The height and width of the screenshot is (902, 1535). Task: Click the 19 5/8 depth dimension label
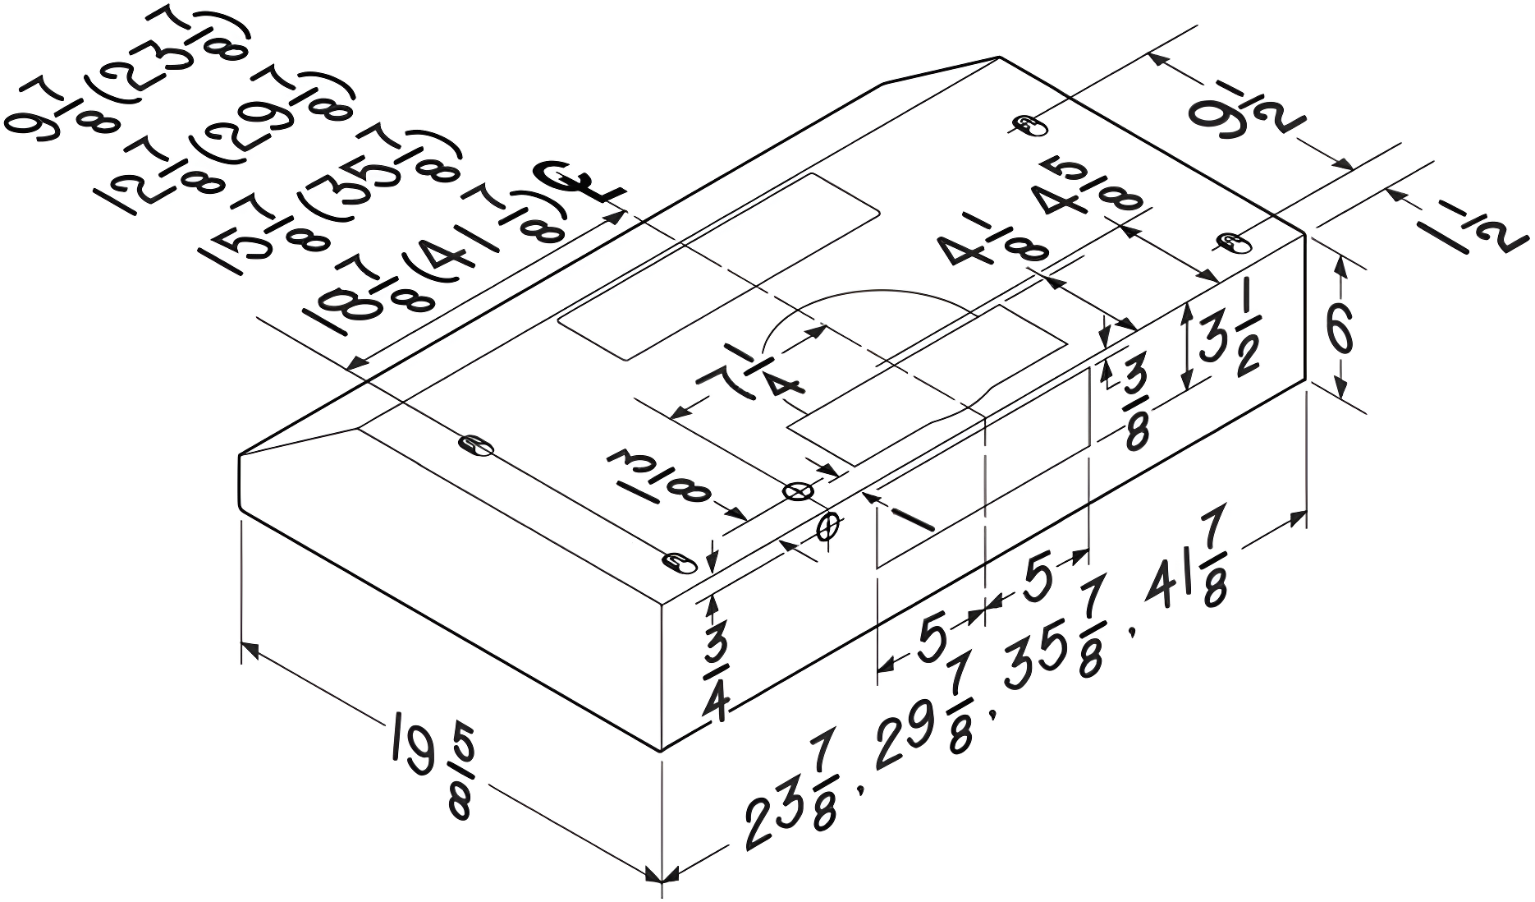coord(431,774)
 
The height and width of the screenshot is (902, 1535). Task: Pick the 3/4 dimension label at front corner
coord(716,671)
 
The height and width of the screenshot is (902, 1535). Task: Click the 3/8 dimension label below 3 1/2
coord(1135,406)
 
